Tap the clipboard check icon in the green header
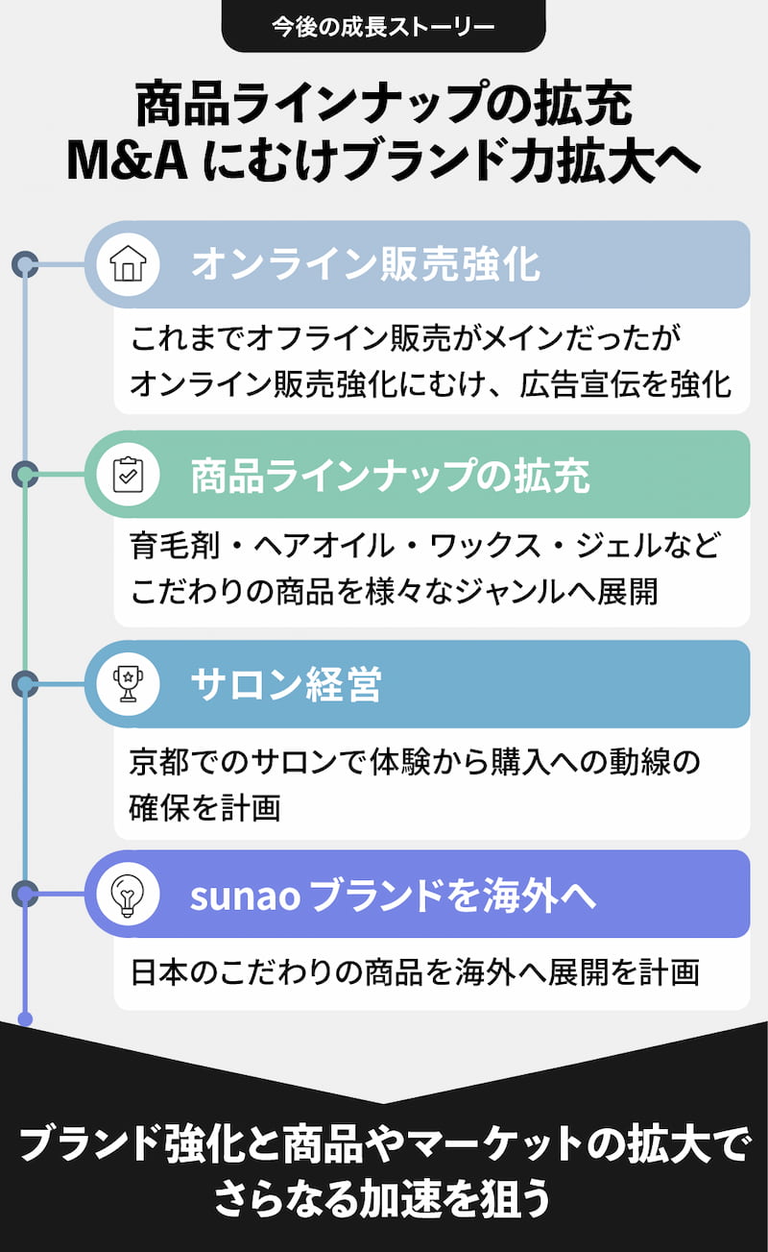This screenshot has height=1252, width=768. pyautogui.click(x=127, y=475)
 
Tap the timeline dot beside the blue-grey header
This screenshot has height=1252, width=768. pyautogui.click(x=25, y=264)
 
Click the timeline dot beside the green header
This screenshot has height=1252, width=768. pyautogui.click(x=25, y=474)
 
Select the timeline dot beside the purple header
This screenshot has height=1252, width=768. pyautogui.click(x=25, y=895)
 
